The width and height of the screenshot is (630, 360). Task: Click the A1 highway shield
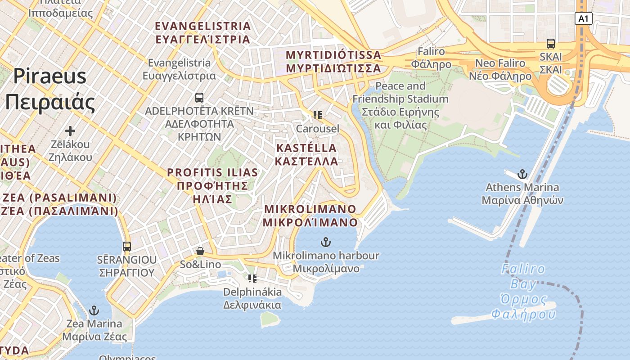(583, 18)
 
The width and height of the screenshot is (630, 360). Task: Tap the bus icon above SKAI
(551, 44)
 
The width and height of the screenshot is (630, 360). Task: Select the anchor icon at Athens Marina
(522, 174)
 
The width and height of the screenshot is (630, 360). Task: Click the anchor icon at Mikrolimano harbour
(325, 243)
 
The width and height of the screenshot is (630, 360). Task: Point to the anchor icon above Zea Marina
(94, 310)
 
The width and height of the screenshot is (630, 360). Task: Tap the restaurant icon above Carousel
(318, 115)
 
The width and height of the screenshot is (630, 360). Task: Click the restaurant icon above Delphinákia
(252, 279)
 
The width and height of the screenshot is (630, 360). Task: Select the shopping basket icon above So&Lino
(200, 251)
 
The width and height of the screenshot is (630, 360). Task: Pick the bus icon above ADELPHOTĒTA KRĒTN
(199, 97)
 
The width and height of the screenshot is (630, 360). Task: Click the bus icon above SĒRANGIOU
(127, 247)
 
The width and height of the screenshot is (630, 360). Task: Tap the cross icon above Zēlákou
(70, 131)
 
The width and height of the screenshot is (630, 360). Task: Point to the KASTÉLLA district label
(306, 154)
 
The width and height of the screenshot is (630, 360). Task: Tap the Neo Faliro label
(500, 69)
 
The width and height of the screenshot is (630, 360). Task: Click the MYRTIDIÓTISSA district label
(333, 62)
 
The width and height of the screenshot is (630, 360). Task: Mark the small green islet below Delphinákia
(269, 319)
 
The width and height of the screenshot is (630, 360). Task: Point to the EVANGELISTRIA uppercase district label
(202, 32)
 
